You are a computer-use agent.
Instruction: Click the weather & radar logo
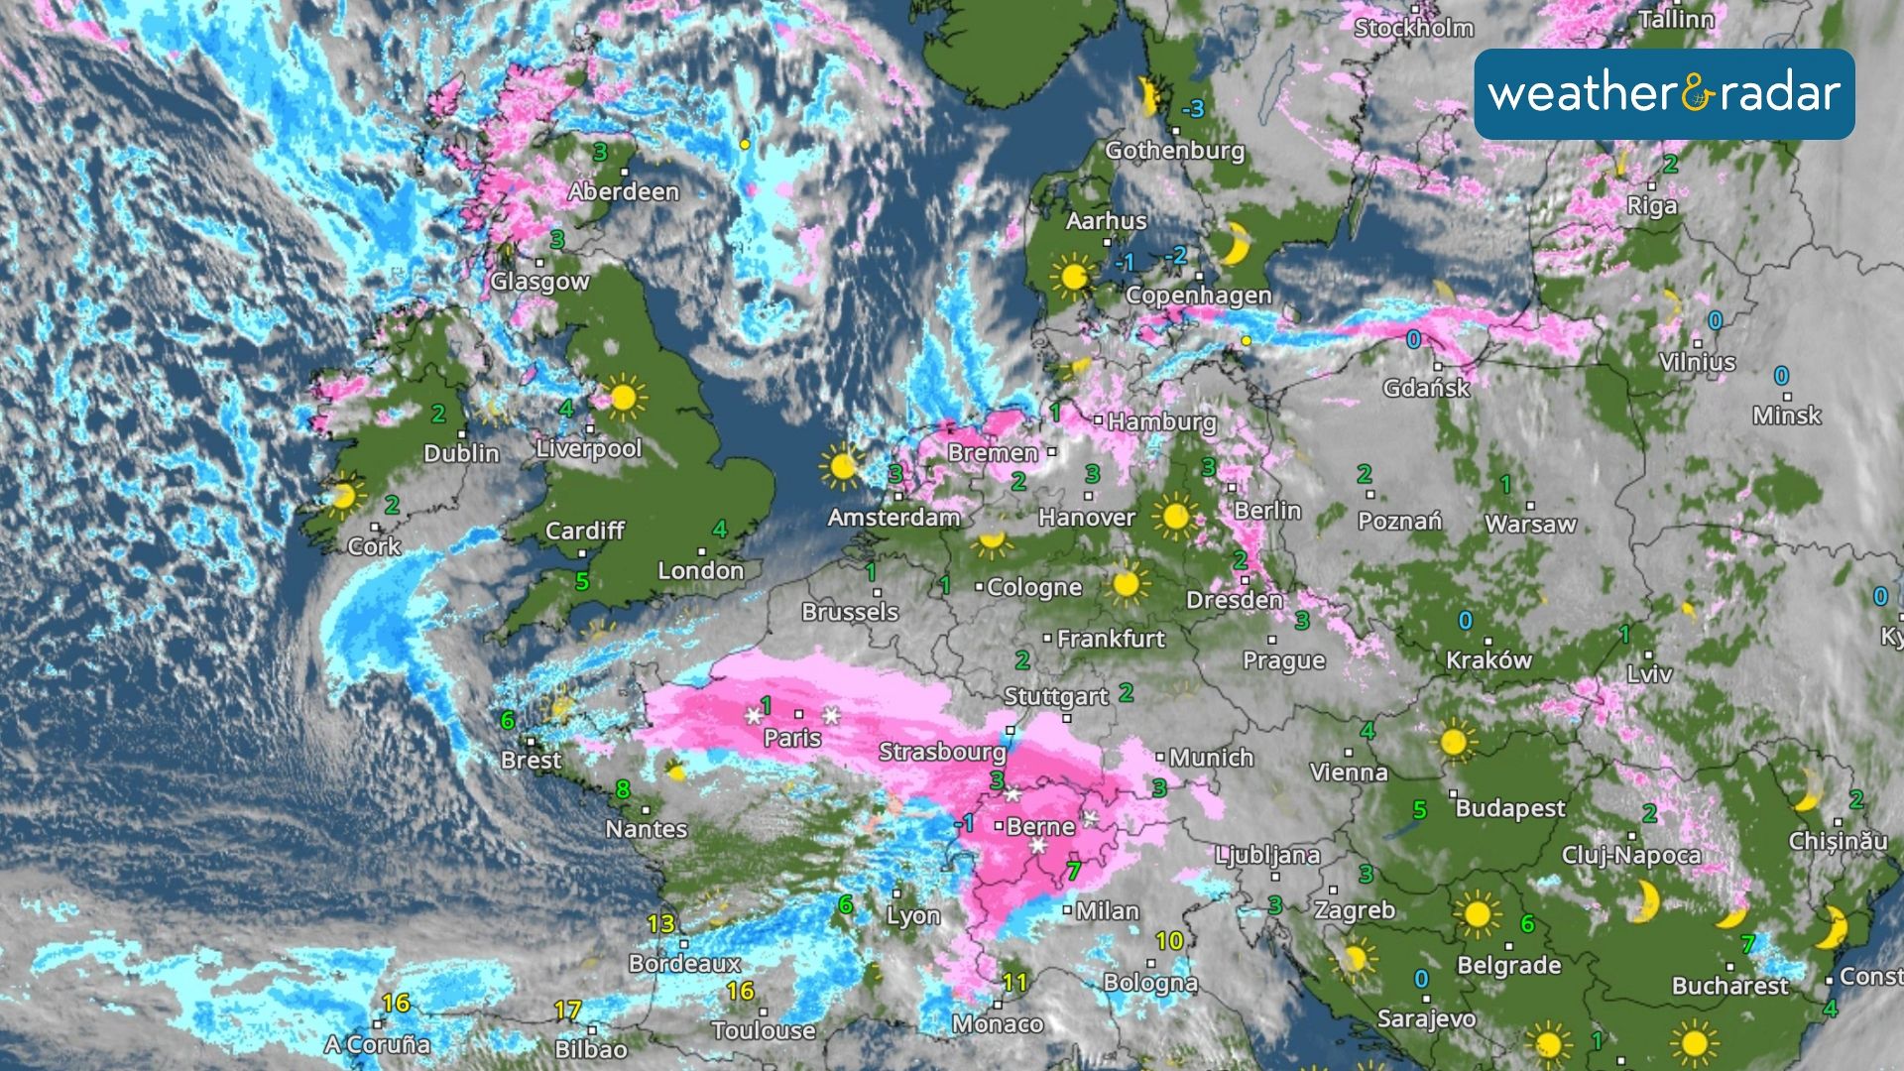point(1664,94)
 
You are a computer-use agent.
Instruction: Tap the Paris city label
point(792,738)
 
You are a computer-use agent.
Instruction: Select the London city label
point(701,570)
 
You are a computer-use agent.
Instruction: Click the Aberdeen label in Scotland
point(624,191)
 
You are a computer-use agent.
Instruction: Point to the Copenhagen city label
point(1198,295)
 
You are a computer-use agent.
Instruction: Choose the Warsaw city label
point(1530,524)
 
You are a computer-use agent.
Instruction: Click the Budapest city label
point(1509,808)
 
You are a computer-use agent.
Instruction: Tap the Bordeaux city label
point(684,963)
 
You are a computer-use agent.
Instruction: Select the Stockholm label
point(1414,28)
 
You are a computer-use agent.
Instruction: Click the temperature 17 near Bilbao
point(567,1011)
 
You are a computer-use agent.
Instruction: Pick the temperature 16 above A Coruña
point(396,1003)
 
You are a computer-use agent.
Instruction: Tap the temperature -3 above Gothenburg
point(1193,108)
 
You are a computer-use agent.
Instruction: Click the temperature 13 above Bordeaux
point(660,924)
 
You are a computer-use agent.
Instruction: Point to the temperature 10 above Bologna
point(1169,940)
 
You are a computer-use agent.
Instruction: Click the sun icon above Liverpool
point(623,398)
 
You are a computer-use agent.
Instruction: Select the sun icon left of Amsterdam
point(842,466)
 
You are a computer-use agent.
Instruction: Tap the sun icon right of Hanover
point(1175,517)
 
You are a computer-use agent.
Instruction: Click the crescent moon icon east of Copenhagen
point(1236,243)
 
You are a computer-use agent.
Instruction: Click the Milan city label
point(1108,910)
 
